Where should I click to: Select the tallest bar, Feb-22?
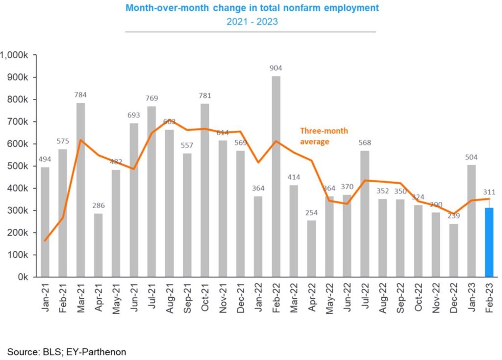click(276, 176)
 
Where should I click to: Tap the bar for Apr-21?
click(99, 245)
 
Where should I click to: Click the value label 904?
click(276, 68)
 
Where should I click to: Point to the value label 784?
click(81, 95)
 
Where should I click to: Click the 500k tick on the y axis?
click(21, 166)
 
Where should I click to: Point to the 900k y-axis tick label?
click(21, 77)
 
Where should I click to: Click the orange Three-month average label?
click(324, 136)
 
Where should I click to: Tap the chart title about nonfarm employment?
click(252, 8)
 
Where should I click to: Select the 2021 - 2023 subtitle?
click(251, 22)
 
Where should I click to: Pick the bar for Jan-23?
click(471, 220)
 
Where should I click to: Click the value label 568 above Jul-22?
click(365, 143)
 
